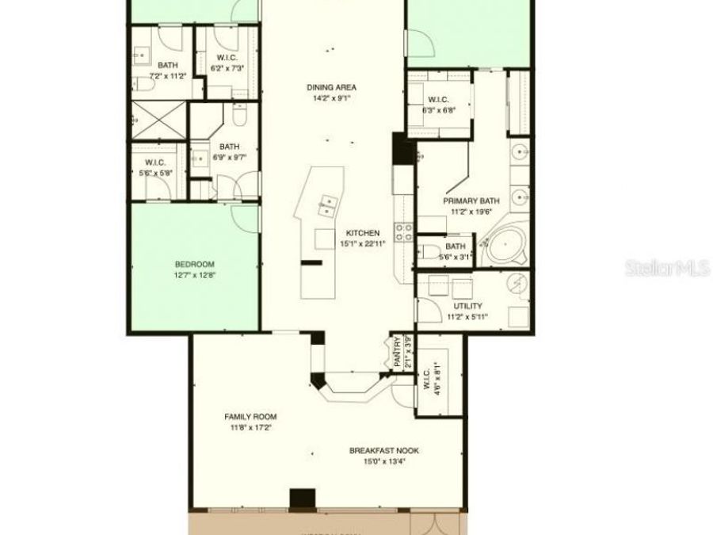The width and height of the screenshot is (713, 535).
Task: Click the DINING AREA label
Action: [331, 87]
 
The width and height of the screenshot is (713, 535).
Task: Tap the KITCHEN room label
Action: [362, 233]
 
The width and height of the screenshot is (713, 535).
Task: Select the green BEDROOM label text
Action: [194, 264]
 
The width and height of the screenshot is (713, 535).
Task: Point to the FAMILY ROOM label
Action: [250, 416]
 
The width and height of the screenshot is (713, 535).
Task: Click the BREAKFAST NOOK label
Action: [384, 451]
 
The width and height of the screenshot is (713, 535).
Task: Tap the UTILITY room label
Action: [467, 306]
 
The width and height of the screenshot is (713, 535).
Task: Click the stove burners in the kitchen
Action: [403, 231]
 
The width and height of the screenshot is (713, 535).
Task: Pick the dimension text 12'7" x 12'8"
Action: [194, 275]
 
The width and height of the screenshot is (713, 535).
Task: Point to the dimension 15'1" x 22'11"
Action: [362, 244]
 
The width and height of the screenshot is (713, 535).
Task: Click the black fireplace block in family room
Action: [302, 499]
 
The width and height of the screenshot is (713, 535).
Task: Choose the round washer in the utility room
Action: [516, 284]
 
